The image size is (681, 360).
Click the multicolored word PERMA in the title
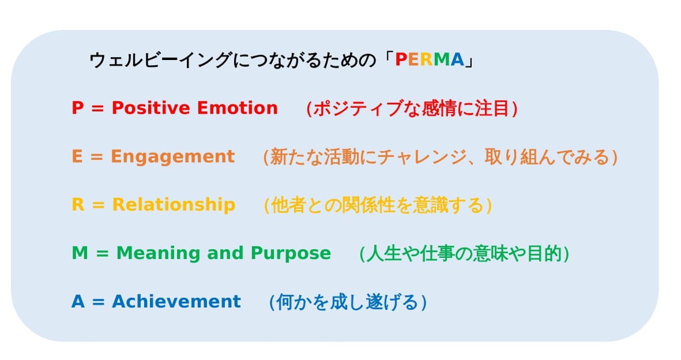[429, 59]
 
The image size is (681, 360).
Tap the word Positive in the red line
[151, 108]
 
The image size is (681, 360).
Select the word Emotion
[237, 108]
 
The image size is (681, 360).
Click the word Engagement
[173, 157]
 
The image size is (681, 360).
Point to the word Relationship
[174, 205]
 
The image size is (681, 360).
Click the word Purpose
[291, 253]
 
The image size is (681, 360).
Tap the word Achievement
[176, 301]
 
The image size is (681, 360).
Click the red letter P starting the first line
[77, 108]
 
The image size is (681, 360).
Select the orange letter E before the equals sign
[77, 156]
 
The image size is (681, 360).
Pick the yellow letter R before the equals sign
[78, 204]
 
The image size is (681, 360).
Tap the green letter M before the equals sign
[80, 253]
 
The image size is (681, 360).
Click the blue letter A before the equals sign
[78, 301]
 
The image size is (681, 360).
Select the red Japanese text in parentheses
[412, 108]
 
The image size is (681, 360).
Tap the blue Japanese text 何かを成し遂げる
[348, 302]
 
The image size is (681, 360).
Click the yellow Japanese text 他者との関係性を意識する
[378, 205]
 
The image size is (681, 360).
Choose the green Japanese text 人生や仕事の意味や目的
[464, 253]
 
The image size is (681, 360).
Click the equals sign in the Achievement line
[99, 302]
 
